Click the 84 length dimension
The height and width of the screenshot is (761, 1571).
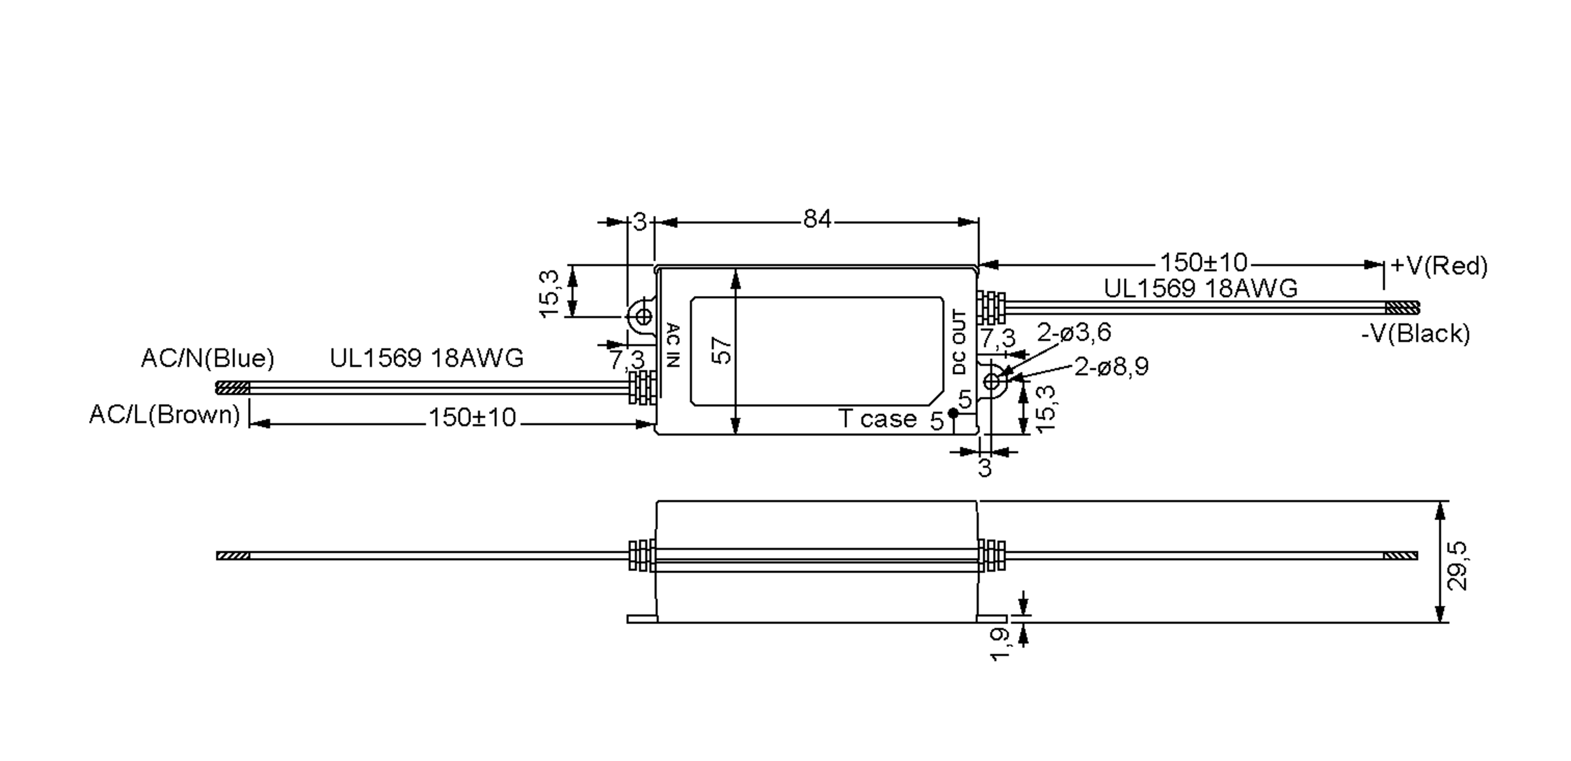(817, 220)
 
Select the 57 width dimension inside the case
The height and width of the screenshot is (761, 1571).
(720, 351)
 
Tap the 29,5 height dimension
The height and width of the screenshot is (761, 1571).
(1457, 566)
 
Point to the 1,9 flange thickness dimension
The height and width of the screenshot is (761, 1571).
(1000, 644)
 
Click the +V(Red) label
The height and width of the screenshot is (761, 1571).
(1439, 266)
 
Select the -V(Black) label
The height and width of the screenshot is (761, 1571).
(1415, 334)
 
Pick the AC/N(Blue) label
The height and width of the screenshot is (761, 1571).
(208, 358)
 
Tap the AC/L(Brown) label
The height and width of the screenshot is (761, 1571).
(164, 415)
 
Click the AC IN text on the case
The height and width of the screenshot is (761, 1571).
(673, 346)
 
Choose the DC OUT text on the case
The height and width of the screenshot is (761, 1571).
(959, 343)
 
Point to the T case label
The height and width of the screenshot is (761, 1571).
(877, 419)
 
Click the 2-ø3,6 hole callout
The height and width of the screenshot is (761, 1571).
(1074, 333)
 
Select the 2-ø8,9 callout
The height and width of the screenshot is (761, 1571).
(1111, 367)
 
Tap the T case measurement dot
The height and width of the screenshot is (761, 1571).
(953, 413)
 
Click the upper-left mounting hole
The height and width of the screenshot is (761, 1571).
(643, 317)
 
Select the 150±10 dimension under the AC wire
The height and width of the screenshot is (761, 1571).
(471, 418)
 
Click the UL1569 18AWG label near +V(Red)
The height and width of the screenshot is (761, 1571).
(1201, 289)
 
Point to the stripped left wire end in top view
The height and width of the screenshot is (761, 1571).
(232, 388)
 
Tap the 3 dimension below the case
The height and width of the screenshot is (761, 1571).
(984, 468)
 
